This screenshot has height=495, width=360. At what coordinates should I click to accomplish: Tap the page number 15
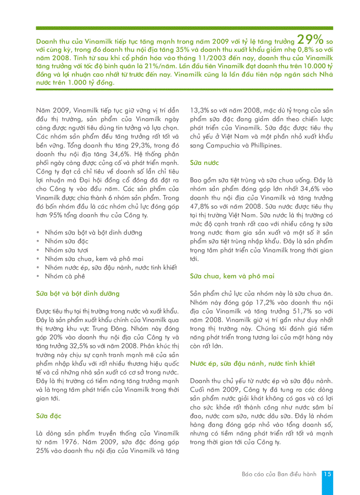click(x=327, y=474)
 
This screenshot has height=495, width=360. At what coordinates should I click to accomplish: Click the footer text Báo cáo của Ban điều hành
click(x=279, y=474)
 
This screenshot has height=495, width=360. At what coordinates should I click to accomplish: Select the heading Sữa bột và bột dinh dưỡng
click(x=78, y=294)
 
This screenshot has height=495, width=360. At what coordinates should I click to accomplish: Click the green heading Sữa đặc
click(x=49, y=416)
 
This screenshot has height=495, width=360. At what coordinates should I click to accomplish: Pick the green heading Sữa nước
click(x=204, y=163)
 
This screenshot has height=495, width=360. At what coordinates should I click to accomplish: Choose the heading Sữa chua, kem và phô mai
click(x=232, y=276)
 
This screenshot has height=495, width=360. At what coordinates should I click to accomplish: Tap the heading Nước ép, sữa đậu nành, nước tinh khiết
click(x=252, y=364)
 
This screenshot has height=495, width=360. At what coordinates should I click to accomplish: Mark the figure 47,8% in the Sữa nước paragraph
click(x=200, y=207)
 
